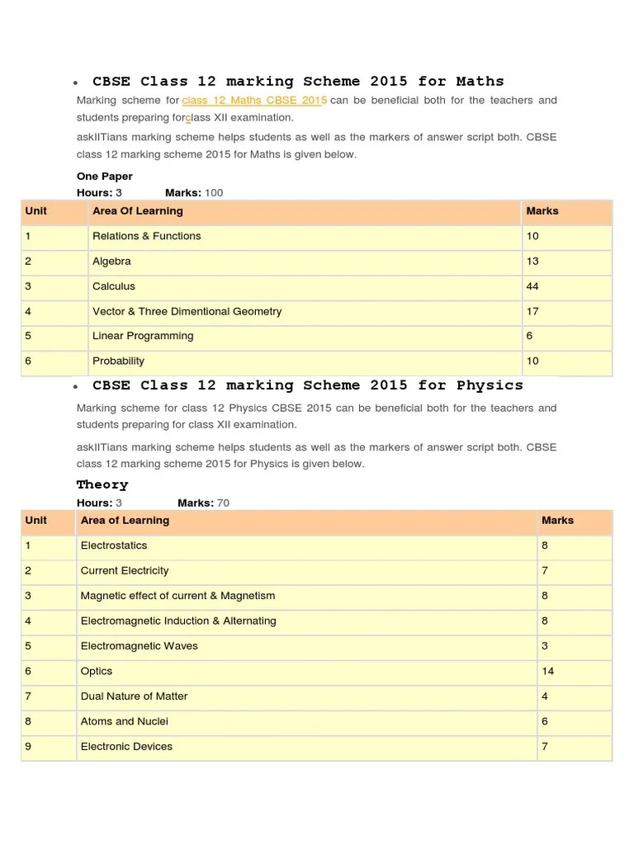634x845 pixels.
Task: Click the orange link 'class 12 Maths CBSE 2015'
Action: click(254, 101)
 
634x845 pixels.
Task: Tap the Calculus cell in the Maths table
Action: click(114, 286)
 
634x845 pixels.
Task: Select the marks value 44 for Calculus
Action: click(532, 286)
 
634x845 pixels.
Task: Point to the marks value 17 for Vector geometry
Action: click(532, 311)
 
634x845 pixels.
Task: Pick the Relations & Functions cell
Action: click(147, 236)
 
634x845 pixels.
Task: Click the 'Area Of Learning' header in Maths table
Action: click(138, 211)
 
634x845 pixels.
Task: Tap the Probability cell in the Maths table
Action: click(118, 361)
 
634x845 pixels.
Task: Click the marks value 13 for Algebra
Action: click(532, 262)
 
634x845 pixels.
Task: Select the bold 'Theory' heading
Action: click(102, 484)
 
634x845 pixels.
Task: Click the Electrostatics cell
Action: click(114, 545)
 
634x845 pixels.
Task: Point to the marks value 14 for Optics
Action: click(548, 671)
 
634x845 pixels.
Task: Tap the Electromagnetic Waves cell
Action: click(139, 646)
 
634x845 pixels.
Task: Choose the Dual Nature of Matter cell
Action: click(134, 696)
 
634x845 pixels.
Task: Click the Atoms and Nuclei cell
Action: click(124, 721)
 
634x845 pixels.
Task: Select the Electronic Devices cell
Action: click(126, 747)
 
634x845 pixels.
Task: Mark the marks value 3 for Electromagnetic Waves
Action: click(545, 646)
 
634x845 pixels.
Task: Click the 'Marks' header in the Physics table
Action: click(557, 521)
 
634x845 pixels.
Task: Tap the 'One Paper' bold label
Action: click(105, 177)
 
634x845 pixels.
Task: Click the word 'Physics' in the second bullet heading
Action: click(490, 385)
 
